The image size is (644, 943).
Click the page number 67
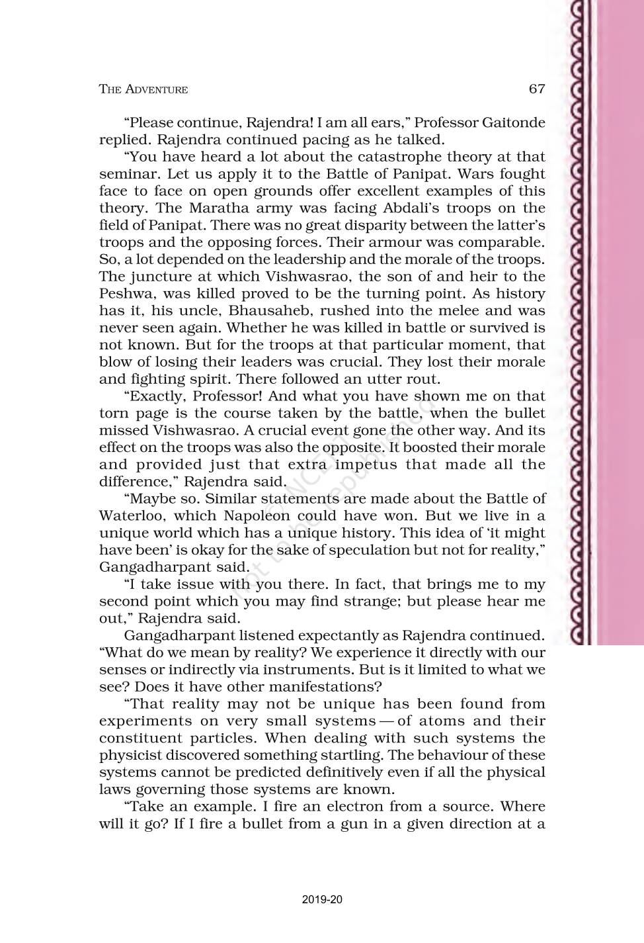(x=537, y=89)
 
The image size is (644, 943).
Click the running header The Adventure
(x=143, y=89)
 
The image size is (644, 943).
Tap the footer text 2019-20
(x=322, y=900)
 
